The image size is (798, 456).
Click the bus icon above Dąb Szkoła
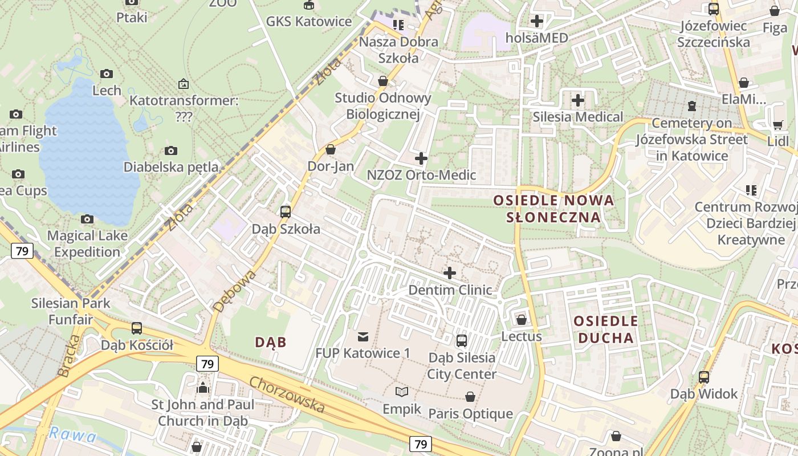tap(286, 212)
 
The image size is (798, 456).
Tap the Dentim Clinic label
tap(450, 290)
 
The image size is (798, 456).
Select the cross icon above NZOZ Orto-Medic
tap(421, 158)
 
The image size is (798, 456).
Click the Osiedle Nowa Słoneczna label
tap(553, 209)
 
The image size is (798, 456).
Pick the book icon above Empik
tap(402, 392)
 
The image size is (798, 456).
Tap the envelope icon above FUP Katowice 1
tap(363, 336)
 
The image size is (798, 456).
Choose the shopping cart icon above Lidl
tap(778, 125)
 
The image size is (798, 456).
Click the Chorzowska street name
tap(287, 394)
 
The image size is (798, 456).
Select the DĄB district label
tap(270, 342)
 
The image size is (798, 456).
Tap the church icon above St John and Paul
tap(203, 388)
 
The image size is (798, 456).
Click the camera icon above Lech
tap(107, 74)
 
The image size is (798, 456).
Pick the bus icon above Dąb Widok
tap(704, 377)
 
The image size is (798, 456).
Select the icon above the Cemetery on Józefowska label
tap(692, 106)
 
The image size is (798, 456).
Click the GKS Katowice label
tap(309, 22)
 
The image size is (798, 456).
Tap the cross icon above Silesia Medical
tap(578, 100)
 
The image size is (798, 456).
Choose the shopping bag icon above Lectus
tap(521, 320)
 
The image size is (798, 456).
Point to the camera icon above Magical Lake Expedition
tap(87, 219)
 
